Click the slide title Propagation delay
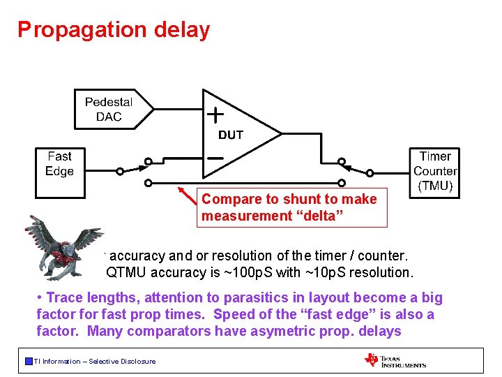click(x=114, y=29)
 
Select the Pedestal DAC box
click(x=109, y=110)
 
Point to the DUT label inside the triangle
click(x=231, y=135)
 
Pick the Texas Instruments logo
click(x=395, y=360)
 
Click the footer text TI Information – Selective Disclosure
click(x=95, y=361)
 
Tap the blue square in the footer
click(x=28, y=361)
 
